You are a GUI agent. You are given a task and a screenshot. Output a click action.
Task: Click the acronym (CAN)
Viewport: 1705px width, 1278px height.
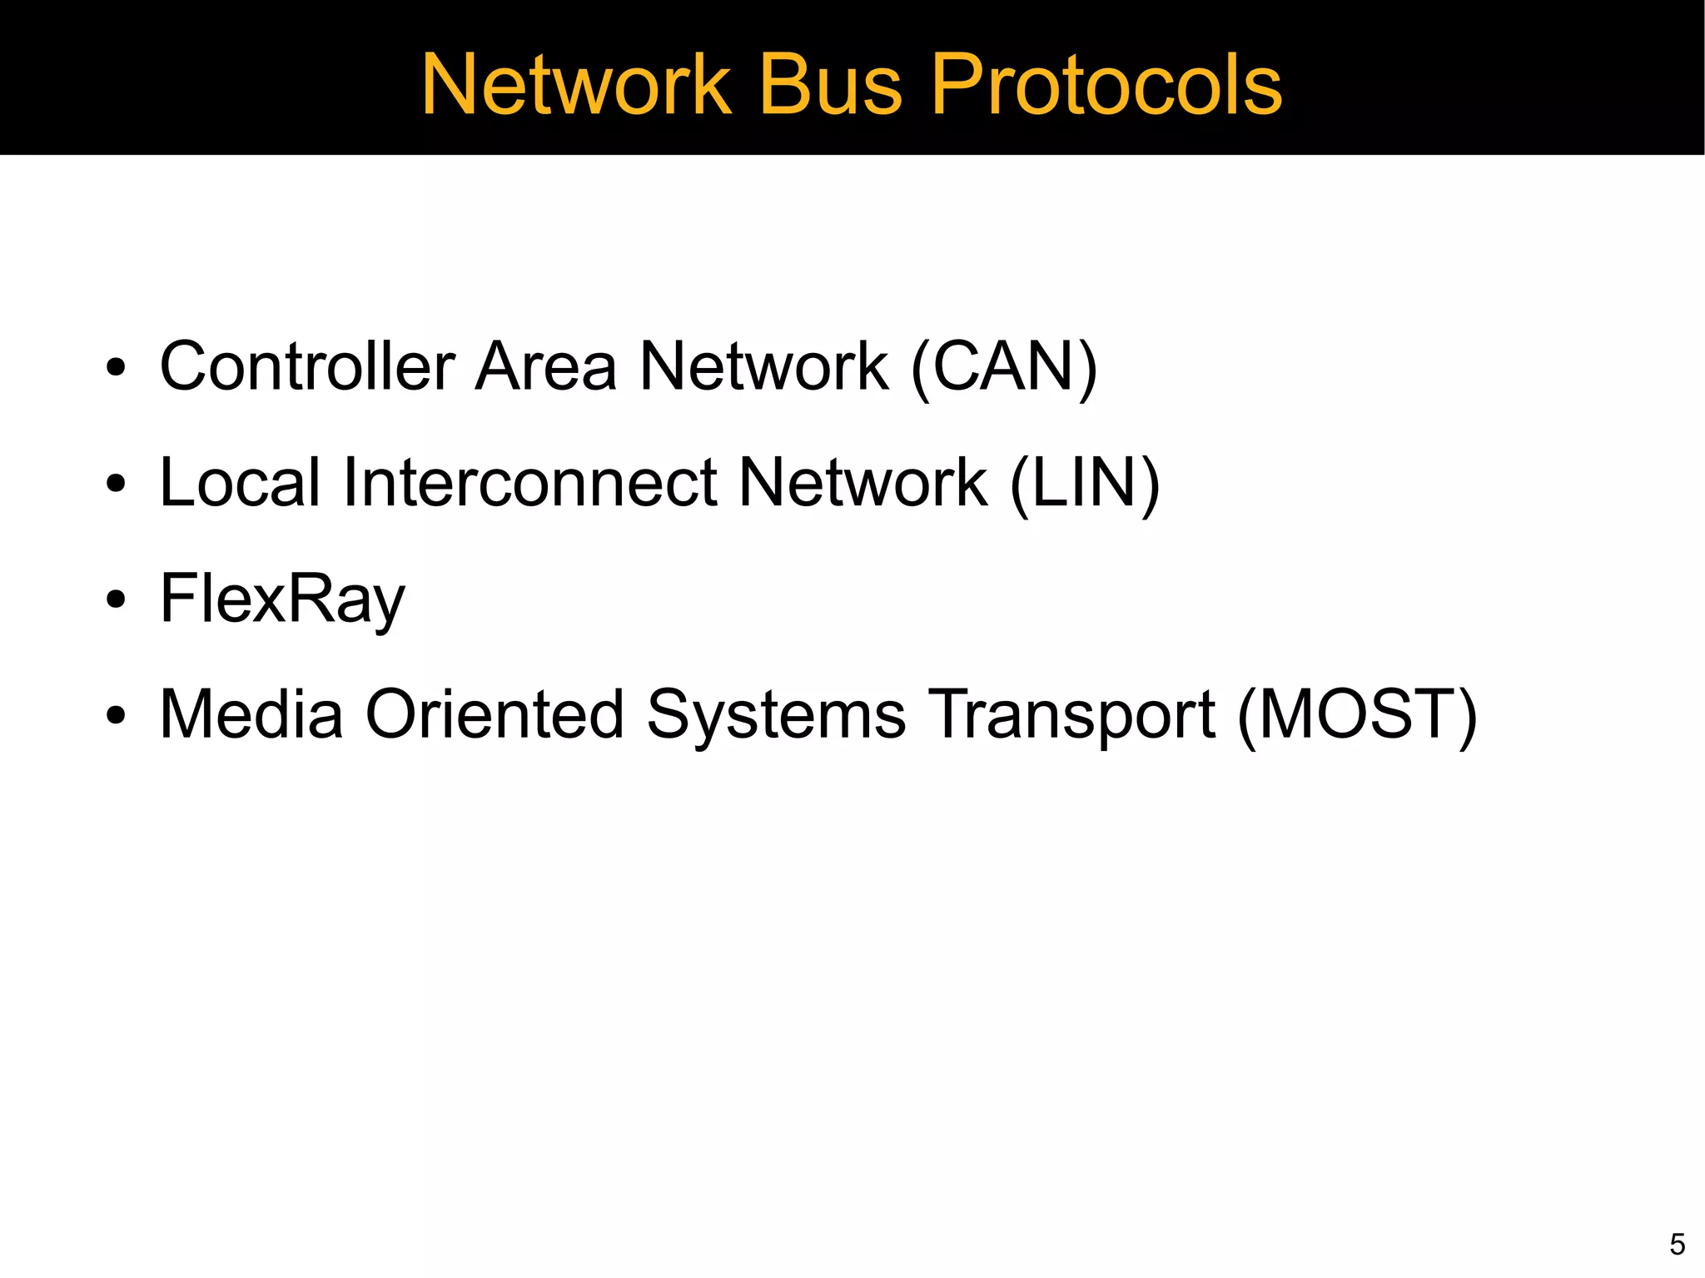point(1004,367)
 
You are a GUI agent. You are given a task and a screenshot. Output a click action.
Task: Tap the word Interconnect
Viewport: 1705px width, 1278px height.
point(530,482)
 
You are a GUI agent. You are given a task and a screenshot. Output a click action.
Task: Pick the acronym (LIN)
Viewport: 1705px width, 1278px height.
point(1084,484)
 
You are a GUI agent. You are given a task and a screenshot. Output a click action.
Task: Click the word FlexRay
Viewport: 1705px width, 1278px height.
point(282,599)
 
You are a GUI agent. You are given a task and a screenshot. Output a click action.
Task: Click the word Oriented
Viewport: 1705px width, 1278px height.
point(495,714)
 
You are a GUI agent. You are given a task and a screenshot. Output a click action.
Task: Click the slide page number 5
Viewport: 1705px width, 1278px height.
point(1677,1244)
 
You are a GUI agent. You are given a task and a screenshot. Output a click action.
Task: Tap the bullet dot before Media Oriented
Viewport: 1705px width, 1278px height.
point(117,715)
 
